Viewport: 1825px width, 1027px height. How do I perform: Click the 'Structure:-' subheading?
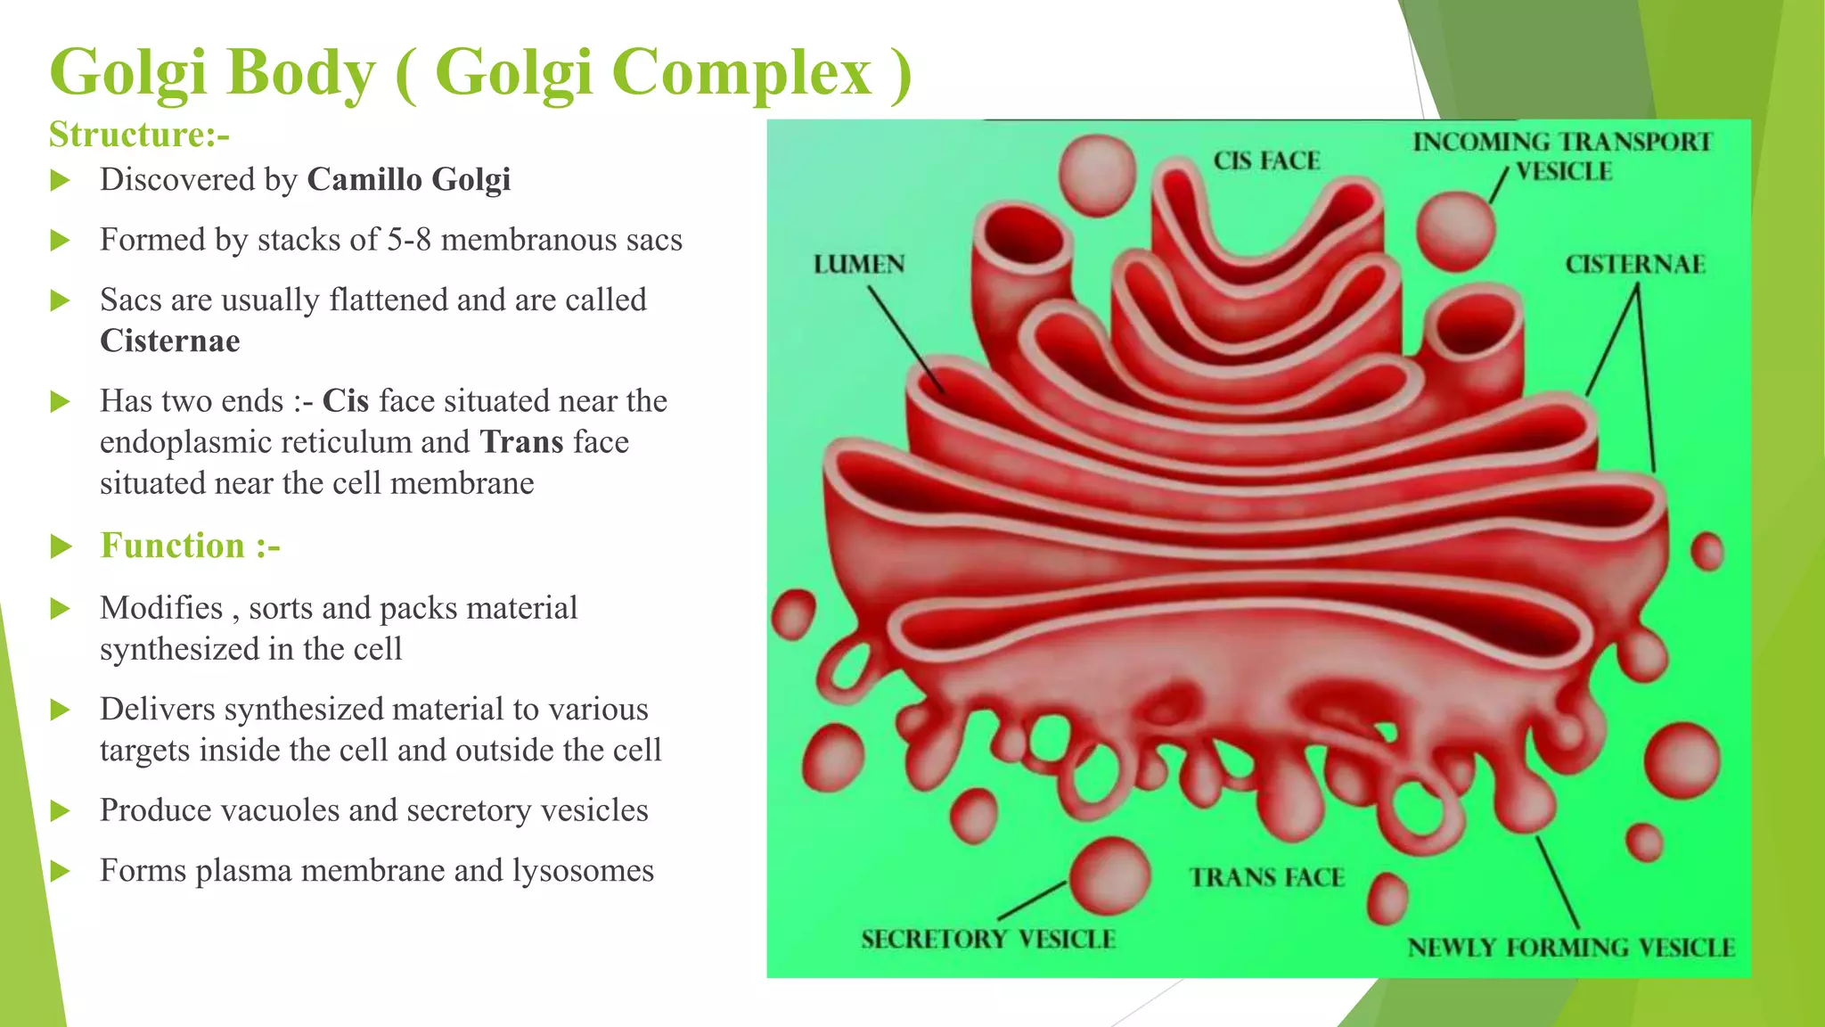[139, 136]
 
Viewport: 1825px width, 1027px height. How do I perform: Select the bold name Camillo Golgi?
[408, 180]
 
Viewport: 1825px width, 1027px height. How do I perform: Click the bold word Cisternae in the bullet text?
[169, 341]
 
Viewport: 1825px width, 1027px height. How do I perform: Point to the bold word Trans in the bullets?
[521, 442]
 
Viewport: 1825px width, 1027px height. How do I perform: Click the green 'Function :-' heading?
[190, 546]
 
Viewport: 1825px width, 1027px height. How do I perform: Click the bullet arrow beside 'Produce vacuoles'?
[61, 811]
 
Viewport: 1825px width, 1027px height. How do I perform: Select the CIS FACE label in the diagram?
[1266, 161]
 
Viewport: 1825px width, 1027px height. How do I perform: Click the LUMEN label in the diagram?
[859, 265]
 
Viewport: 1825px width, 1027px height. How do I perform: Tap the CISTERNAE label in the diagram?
[1635, 265]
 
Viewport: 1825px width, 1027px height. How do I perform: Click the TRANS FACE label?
[1266, 878]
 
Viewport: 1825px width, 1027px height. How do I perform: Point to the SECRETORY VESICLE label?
[988, 940]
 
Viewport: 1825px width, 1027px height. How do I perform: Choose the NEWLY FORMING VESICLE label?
[1571, 948]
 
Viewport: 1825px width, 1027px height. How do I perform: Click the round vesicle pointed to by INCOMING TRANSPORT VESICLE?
[1454, 232]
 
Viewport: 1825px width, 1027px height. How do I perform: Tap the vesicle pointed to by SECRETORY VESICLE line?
[1109, 876]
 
